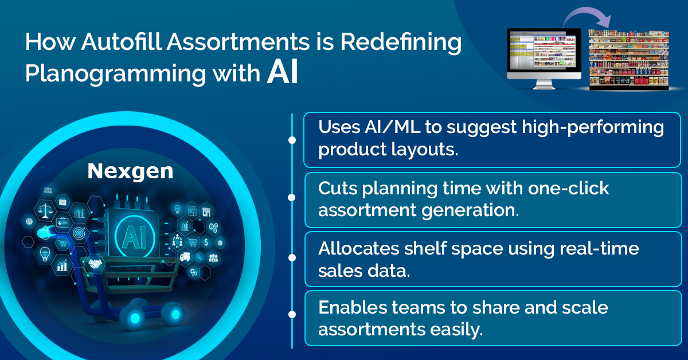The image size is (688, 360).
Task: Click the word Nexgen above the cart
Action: [130, 171]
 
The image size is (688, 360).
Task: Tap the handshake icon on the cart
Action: [95, 263]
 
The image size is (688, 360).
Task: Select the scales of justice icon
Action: [45, 211]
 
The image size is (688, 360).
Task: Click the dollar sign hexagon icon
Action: [206, 242]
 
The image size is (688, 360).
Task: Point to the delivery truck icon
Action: [185, 257]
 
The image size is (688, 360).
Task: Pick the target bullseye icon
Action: [79, 234]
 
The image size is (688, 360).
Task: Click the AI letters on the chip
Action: [134, 237]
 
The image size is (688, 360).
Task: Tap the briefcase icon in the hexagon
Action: [62, 202]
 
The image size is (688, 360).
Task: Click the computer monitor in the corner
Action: [544, 58]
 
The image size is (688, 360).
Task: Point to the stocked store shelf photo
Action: [629, 60]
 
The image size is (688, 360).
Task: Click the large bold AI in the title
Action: [283, 73]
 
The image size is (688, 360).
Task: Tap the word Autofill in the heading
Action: [122, 41]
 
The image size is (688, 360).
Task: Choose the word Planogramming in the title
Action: [115, 74]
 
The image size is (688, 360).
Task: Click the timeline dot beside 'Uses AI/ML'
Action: [292, 140]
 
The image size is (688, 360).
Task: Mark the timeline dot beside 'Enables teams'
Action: [292, 314]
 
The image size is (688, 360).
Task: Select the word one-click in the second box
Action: [568, 188]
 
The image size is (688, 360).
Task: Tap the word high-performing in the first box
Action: [592, 128]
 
